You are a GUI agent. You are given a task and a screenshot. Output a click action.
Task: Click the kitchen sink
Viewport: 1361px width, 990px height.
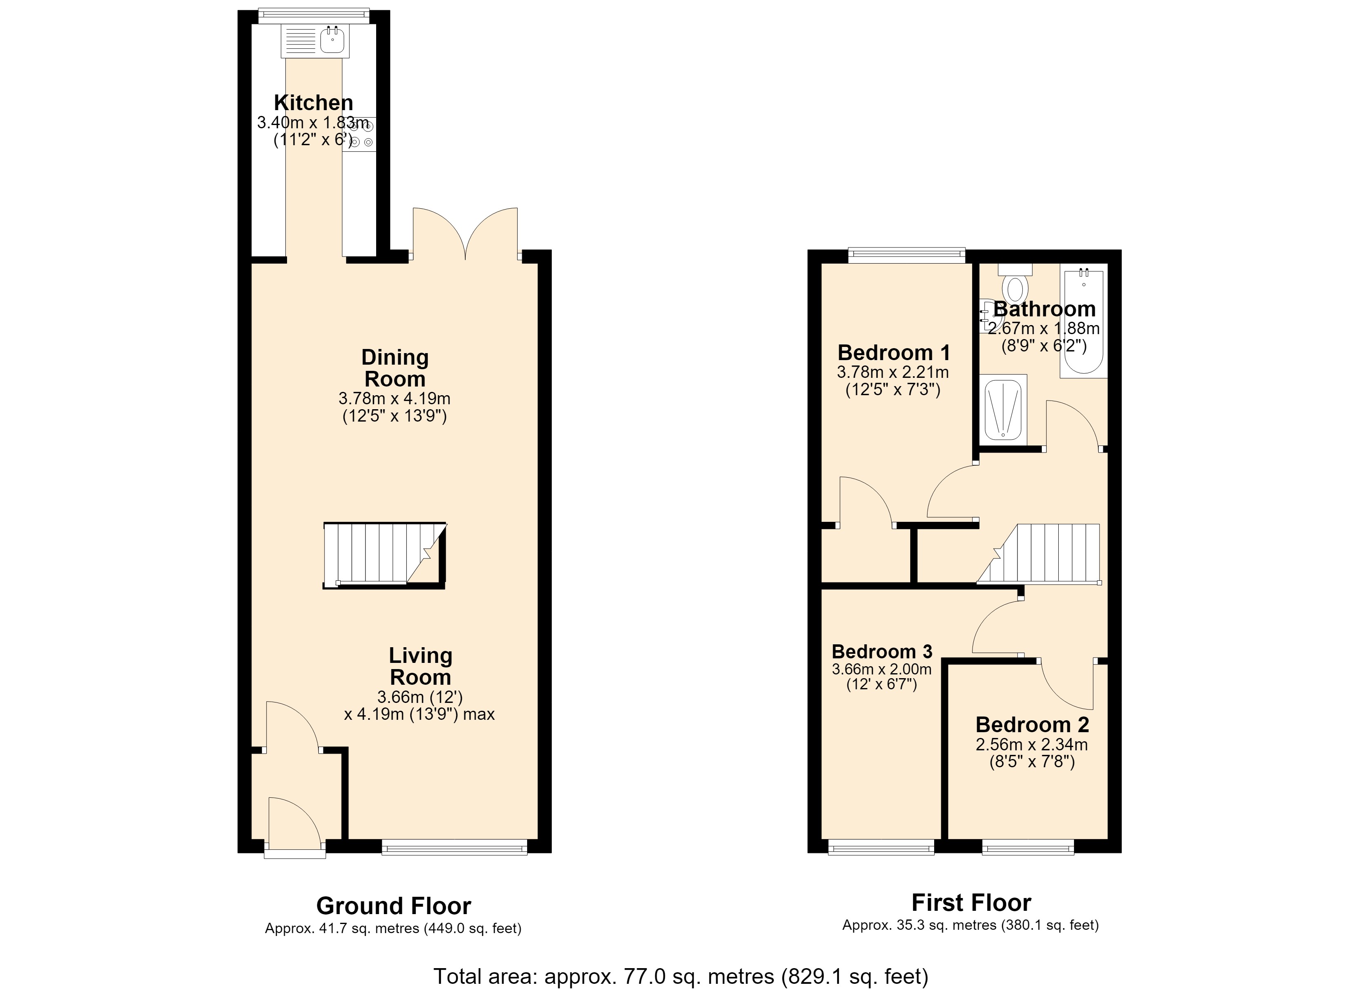pos(314,41)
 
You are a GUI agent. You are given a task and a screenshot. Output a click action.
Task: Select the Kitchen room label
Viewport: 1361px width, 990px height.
pos(313,103)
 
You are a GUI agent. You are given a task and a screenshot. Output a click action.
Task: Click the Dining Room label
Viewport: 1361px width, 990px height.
pos(395,368)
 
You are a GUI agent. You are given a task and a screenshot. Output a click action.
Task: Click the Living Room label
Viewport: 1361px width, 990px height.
pos(420,667)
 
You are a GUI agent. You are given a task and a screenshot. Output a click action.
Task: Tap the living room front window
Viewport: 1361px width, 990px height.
pos(454,849)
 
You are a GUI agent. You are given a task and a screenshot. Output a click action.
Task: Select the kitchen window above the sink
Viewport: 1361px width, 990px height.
pos(313,15)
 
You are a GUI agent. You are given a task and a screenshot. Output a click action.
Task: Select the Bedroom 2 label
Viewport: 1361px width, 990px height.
pos(1032,725)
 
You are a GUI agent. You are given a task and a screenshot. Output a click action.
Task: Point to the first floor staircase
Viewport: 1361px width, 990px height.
pos(1039,554)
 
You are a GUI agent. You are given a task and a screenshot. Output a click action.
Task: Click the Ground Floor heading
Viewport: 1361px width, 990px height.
pos(393,906)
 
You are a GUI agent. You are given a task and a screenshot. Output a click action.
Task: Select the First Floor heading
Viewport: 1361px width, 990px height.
pos(971,903)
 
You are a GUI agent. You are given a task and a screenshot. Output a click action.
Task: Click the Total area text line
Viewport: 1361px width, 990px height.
pos(680,976)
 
